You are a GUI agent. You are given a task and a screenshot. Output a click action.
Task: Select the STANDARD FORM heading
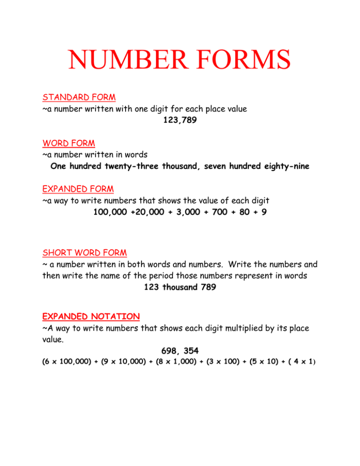pos(79,98)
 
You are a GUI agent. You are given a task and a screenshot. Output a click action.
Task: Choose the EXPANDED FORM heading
pos(78,189)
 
